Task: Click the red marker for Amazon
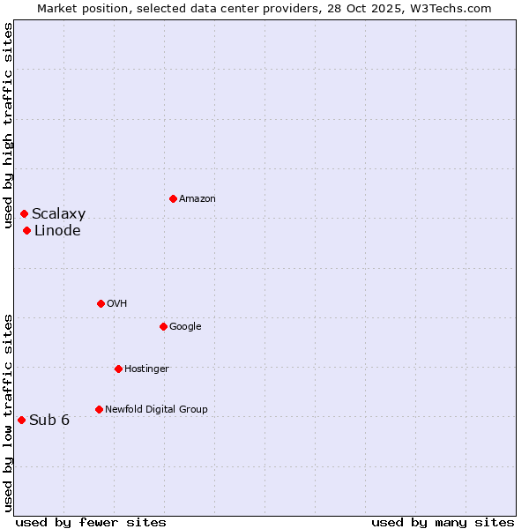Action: (173, 198)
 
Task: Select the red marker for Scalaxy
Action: (24, 213)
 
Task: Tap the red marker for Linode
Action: (27, 230)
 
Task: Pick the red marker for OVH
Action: (101, 303)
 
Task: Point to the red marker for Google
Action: (163, 326)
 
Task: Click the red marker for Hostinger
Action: (118, 369)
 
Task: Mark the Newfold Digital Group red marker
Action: (99, 409)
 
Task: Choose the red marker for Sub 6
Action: (21, 420)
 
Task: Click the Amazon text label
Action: (197, 199)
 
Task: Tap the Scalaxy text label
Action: (59, 214)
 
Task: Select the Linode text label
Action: (57, 231)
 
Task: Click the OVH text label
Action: (117, 304)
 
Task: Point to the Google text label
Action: (185, 327)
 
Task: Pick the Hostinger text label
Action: (146, 369)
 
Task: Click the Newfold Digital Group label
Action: (156, 410)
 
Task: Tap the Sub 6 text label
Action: (49, 421)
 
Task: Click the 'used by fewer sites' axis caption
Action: (91, 522)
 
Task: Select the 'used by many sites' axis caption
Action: (443, 522)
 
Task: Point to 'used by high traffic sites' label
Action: (9, 125)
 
